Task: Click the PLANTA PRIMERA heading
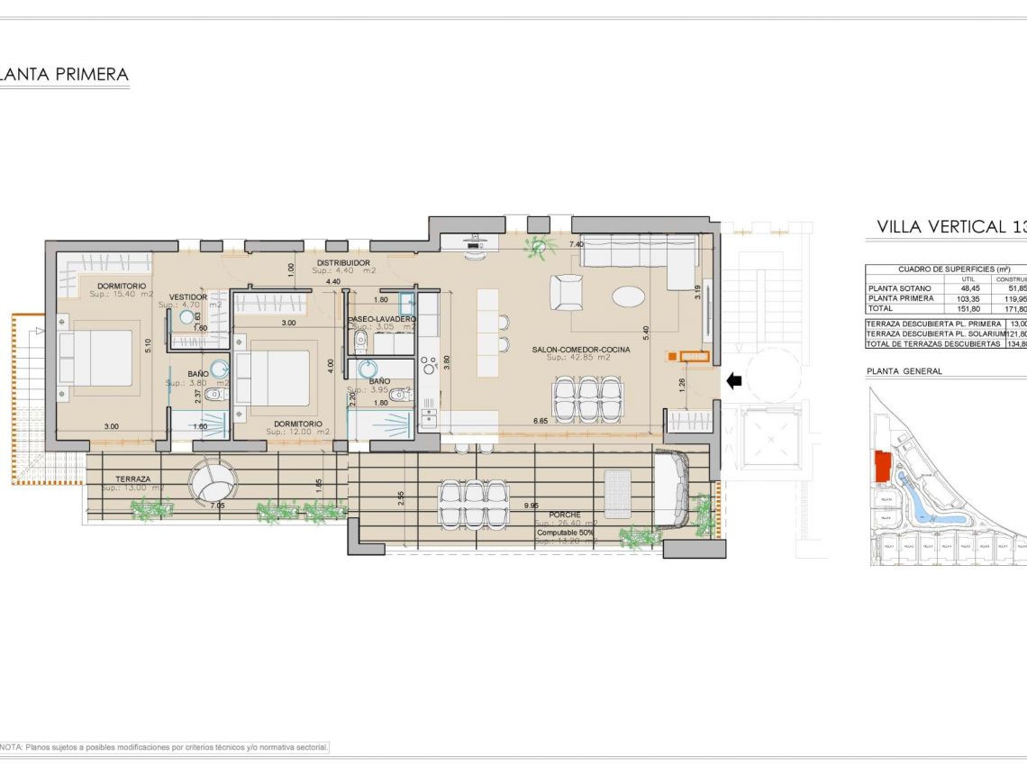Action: tap(64, 75)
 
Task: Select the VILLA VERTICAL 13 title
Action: tap(950, 227)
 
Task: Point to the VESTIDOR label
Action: tap(188, 296)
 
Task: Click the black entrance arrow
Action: tap(734, 381)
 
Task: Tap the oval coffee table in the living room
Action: tap(629, 296)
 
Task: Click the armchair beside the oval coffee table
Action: tap(568, 292)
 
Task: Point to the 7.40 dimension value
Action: tap(577, 244)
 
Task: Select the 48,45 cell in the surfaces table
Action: tap(969, 287)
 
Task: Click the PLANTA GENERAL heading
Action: tap(904, 371)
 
